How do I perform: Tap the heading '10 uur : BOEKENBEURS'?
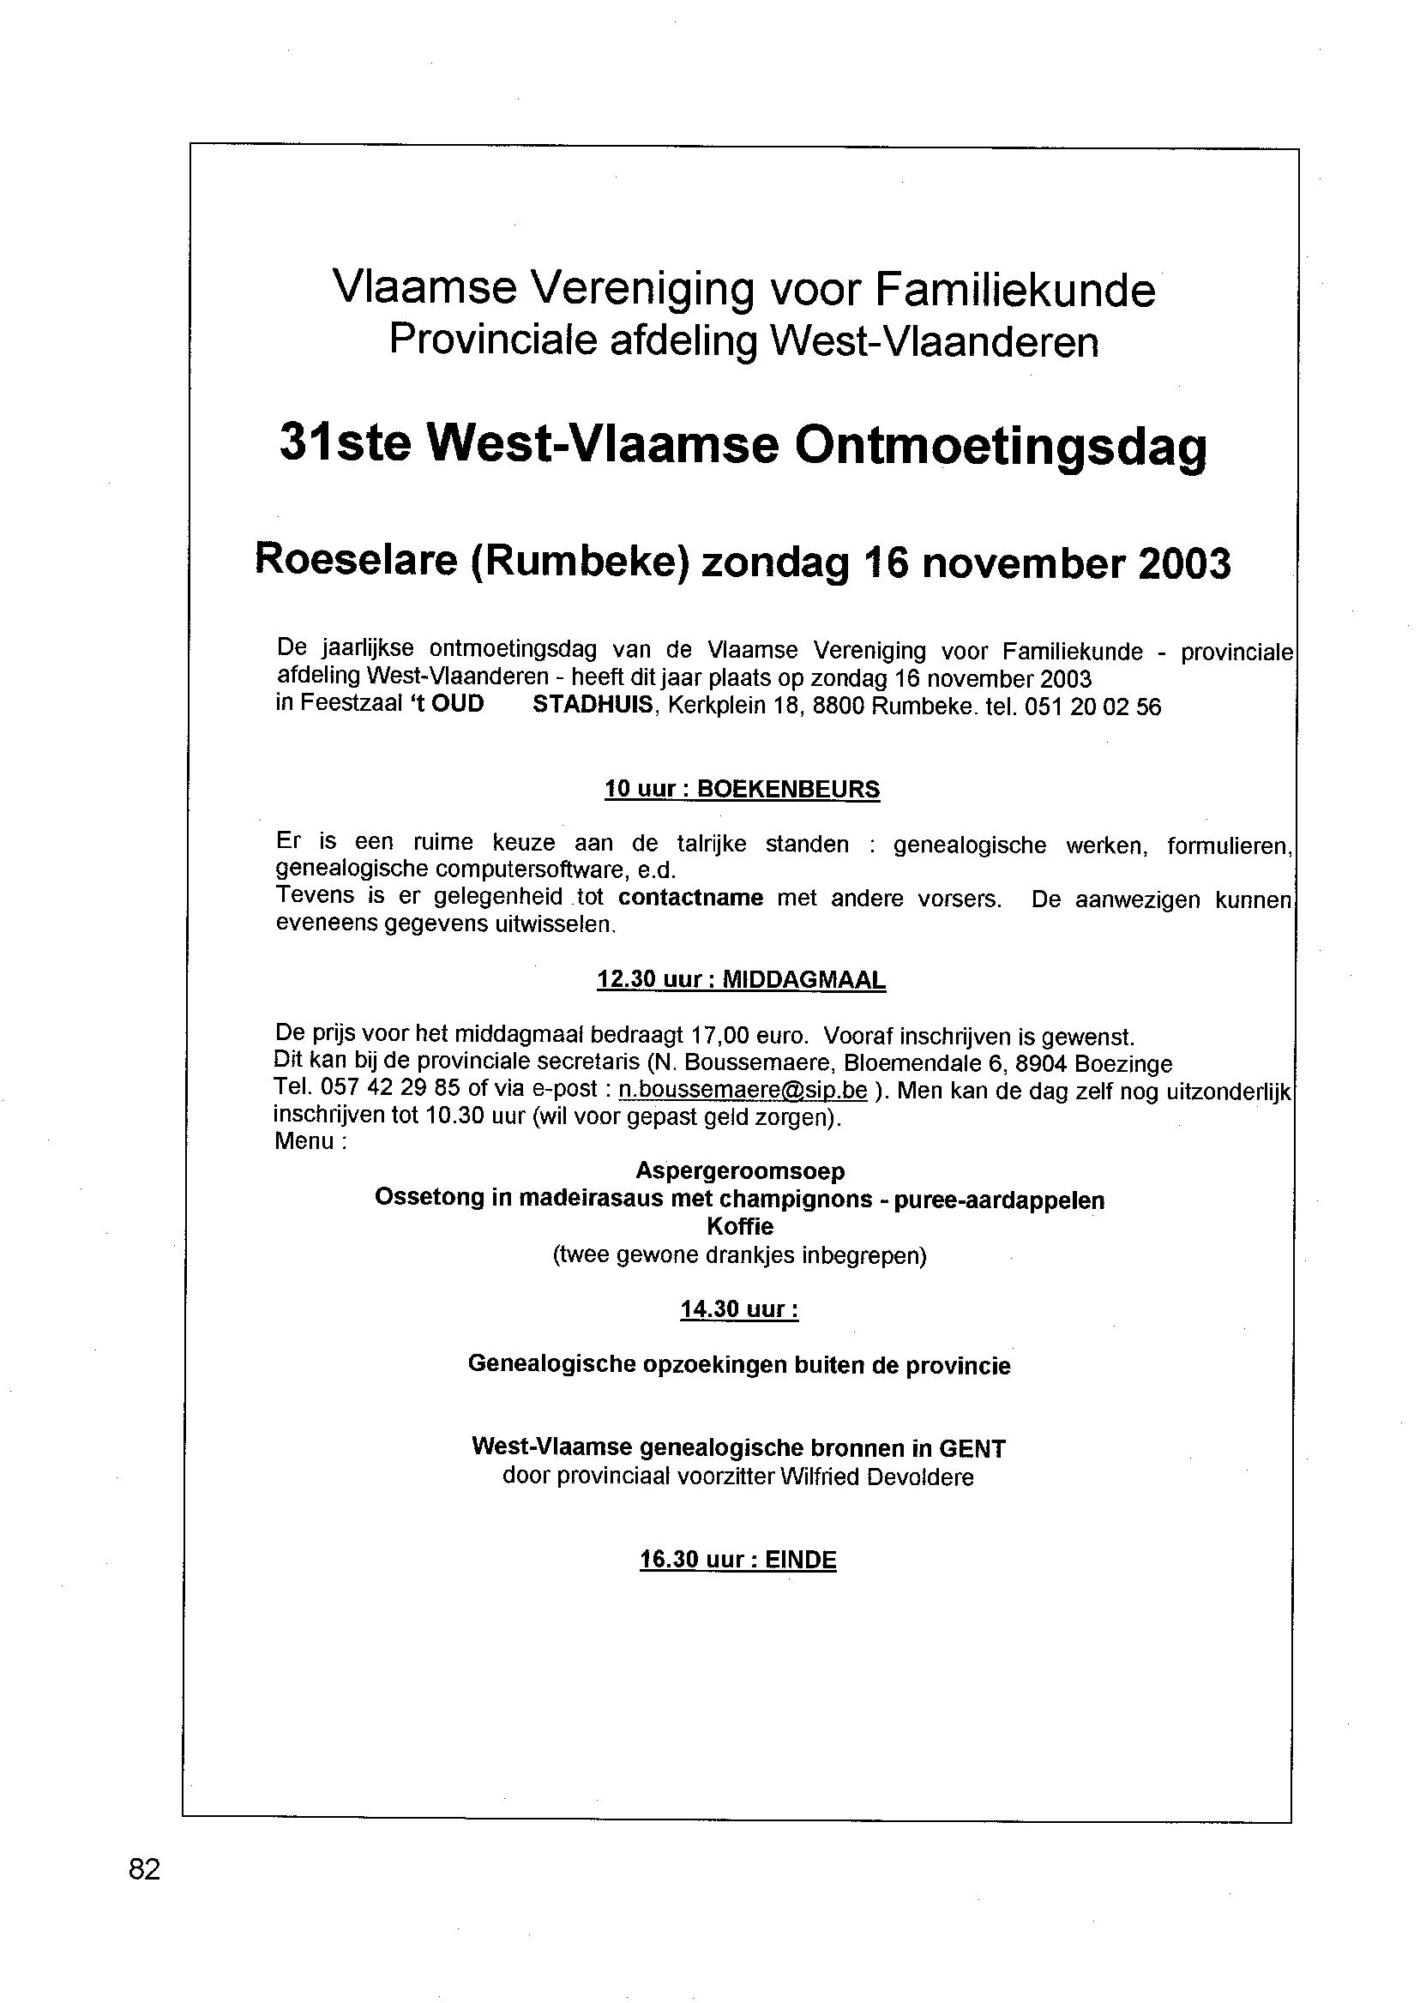pyautogui.click(x=742, y=790)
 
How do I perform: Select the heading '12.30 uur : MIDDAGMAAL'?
pyautogui.click(x=741, y=980)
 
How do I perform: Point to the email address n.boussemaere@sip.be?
pyautogui.click(x=743, y=1092)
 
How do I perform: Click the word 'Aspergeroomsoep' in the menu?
pyautogui.click(x=740, y=1170)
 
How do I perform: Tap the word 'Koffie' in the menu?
pyautogui.click(x=740, y=1227)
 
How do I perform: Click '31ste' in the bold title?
pyautogui.click(x=345, y=443)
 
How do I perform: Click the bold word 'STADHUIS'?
pyautogui.click(x=593, y=705)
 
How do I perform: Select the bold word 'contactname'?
pyautogui.click(x=691, y=898)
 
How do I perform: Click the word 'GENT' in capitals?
pyautogui.click(x=972, y=1449)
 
